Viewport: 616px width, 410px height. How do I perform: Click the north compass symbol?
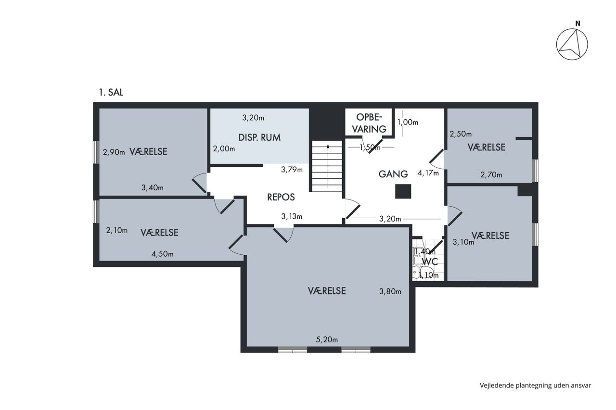point(572,44)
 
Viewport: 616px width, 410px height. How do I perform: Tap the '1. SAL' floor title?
point(111,92)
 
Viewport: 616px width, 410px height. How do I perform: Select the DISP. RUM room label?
point(259,137)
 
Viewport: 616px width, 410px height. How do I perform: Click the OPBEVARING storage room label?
point(369,123)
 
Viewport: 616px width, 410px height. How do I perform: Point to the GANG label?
point(393,174)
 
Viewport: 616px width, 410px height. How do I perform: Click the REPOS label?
point(281,197)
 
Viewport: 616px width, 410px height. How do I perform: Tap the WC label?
point(430,261)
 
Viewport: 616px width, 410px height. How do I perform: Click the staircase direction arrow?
point(328,166)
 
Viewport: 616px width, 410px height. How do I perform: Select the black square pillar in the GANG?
point(403,191)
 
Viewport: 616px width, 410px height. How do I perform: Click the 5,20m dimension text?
point(327,340)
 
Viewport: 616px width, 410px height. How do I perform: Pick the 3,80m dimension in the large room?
point(390,291)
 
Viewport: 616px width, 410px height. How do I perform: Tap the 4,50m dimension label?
point(162,254)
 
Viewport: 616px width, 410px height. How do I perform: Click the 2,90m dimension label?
point(114,152)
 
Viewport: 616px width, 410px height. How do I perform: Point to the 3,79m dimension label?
point(292,170)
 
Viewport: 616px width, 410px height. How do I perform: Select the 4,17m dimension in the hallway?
point(428,173)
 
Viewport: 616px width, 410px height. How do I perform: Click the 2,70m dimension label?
point(491,174)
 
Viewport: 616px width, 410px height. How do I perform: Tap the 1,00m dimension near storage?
point(408,123)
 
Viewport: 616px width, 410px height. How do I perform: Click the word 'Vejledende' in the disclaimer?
point(497,385)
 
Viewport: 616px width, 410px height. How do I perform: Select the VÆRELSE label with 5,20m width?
point(327,291)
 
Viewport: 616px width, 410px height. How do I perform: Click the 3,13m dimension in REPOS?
point(292,217)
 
